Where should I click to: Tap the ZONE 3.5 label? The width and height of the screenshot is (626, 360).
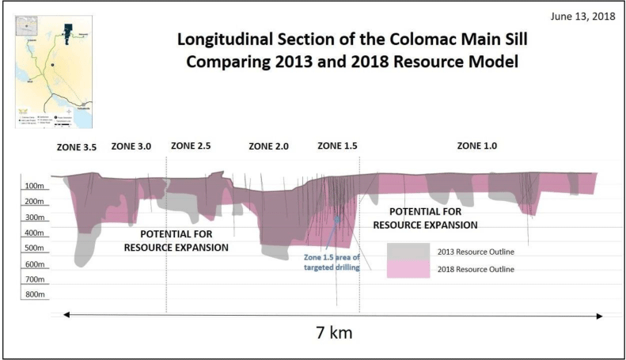click(76, 147)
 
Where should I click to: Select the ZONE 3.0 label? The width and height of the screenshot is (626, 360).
click(131, 146)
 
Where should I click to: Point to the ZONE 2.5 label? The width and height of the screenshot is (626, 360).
click(191, 146)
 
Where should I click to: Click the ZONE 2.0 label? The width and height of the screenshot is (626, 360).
click(268, 146)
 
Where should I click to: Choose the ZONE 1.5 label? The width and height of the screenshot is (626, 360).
click(337, 146)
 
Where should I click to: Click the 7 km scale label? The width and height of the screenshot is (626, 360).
click(330, 332)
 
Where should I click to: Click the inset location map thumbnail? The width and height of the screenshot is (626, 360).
click(54, 70)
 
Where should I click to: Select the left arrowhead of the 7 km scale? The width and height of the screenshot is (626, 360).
click(67, 315)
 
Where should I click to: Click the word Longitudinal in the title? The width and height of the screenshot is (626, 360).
click(222, 39)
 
